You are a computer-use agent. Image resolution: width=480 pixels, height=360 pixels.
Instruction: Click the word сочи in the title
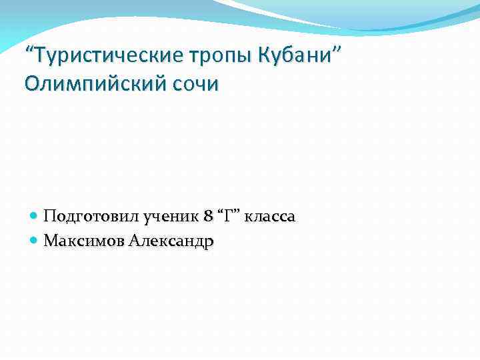197,85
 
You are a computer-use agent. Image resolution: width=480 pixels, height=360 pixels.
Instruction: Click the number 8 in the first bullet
209,217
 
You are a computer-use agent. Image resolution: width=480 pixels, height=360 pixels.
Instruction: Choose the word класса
272,217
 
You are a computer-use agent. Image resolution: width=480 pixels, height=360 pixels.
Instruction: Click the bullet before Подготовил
35,217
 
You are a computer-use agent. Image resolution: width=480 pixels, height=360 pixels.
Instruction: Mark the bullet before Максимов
35,241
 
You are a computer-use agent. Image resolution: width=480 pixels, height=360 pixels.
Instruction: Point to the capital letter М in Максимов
50,241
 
